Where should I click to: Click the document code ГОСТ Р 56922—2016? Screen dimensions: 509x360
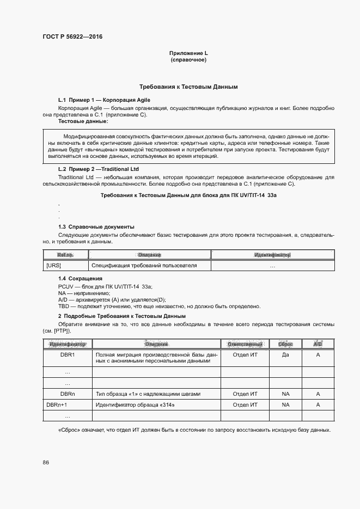point(72,37)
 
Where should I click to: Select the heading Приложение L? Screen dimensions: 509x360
point(188,53)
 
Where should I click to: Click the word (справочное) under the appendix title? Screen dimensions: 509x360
point(188,60)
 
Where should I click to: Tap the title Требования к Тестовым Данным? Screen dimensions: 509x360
point(188,87)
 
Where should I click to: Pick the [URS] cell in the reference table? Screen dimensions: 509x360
point(54,266)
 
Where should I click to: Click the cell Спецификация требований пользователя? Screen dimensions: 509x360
point(144,266)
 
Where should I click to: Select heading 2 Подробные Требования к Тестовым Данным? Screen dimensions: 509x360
point(122,316)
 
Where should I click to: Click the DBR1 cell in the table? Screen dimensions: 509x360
point(68,354)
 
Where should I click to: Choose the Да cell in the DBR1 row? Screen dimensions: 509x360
point(285,354)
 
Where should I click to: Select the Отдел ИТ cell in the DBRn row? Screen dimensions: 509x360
point(245,394)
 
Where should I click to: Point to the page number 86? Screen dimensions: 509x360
point(46,462)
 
